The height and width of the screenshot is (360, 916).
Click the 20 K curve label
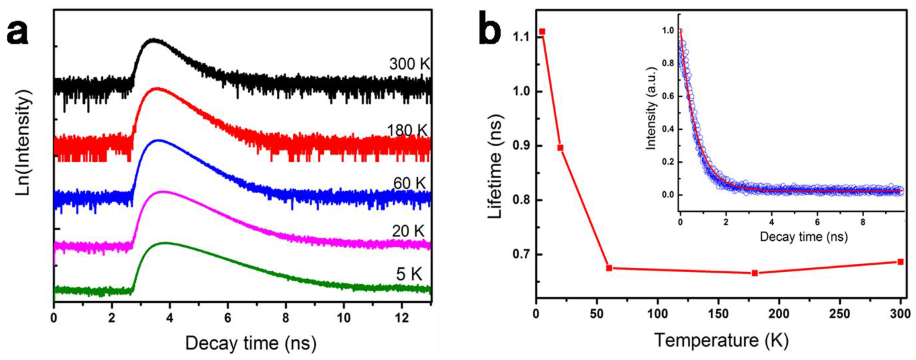408,231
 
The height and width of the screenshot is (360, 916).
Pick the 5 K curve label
409,274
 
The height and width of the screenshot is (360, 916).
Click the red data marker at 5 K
542,32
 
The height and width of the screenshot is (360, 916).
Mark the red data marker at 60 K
609,268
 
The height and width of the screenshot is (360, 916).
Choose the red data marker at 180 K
755,273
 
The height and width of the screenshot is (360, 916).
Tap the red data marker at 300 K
900,262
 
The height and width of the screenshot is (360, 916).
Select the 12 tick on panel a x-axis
402,318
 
